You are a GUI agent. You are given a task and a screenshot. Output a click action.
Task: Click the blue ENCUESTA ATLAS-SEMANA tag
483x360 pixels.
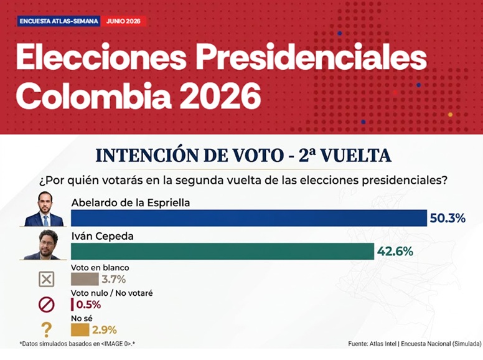tap(59, 21)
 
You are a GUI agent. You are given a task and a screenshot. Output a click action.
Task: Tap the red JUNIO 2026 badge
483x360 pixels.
tap(123, 21)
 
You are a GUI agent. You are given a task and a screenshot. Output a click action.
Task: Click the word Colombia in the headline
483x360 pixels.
tap(93, 95)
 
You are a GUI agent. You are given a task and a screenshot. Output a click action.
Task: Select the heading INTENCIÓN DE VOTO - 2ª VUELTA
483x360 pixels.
tap(243, 155)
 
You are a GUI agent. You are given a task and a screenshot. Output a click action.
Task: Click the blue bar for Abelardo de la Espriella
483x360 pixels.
tap(249, 218)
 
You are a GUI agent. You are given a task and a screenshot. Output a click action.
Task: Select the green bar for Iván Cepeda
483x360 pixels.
tap(222, 251)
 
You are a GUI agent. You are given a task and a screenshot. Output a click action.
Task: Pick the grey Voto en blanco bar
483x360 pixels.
tap(85, 279)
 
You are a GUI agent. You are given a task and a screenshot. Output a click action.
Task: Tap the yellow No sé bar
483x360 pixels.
tap(80, 330)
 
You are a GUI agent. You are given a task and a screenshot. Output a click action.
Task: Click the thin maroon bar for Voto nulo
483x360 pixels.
tap(72, 305)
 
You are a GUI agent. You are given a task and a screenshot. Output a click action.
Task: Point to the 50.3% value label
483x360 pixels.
tap(448, 218)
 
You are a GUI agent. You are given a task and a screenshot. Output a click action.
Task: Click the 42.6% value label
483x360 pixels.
tap(395, 252)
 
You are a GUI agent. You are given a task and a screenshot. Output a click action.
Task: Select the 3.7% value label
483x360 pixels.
tap(114, 280)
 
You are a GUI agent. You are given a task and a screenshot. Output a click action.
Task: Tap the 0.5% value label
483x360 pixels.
tap(88, 305)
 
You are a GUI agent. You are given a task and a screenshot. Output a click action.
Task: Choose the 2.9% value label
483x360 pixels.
tap(105, 330)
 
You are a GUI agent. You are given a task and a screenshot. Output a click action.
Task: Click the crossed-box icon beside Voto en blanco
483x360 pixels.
tap(47, 279)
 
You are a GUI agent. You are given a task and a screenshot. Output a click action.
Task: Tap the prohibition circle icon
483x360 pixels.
tap(47, 305)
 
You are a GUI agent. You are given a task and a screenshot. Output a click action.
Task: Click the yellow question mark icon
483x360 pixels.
tap(47, 330)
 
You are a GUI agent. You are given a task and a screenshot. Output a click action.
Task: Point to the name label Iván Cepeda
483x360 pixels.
tap(102, 236)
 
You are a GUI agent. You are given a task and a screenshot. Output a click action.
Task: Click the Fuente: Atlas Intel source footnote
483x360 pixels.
tap(415, 344)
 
